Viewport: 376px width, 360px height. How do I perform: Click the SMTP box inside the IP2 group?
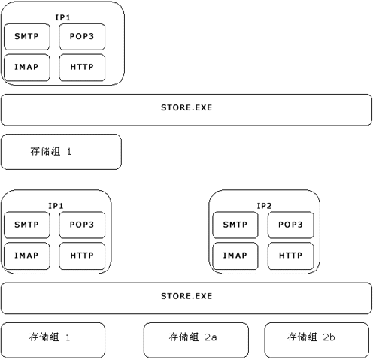click(x=235, y=225)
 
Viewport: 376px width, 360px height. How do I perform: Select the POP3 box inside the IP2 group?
click(x=291, y=225)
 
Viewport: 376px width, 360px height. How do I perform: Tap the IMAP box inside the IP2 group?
click(x=235, y=256)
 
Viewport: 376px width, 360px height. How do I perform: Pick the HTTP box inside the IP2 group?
click(x=291, y=256)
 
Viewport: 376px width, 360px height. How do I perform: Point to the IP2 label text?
click(x=264, y=206)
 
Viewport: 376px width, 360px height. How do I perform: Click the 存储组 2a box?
click(x=196, y=340)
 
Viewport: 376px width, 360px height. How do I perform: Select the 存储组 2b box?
click(x=317, y=340)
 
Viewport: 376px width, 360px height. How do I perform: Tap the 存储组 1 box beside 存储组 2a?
click(x=53, y=340)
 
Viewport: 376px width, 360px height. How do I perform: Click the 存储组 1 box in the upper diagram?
click(x=61, y=152)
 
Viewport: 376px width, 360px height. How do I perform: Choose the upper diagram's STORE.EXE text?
click(x=186, y=107)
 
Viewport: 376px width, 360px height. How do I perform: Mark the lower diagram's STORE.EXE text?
click(x=186, y=296)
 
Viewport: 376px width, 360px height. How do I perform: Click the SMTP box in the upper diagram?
click(x=27, y=37)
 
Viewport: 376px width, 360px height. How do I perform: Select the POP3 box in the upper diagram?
click(x=82, y=37)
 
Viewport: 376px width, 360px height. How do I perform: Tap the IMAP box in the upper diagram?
click(x=27, y=68)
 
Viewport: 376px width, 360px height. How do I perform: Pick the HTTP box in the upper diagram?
click(x=82, y=68)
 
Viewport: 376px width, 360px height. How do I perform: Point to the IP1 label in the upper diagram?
click(x=62, y=17)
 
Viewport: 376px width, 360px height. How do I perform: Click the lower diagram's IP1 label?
click(x=56, y=206)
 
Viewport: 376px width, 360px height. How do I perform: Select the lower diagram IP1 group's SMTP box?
click(x=27, y=225)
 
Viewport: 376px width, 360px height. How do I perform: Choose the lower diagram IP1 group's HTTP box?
click(x=82, y=256)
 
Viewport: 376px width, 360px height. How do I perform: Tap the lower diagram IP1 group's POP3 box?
click(x=82, y=225)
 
